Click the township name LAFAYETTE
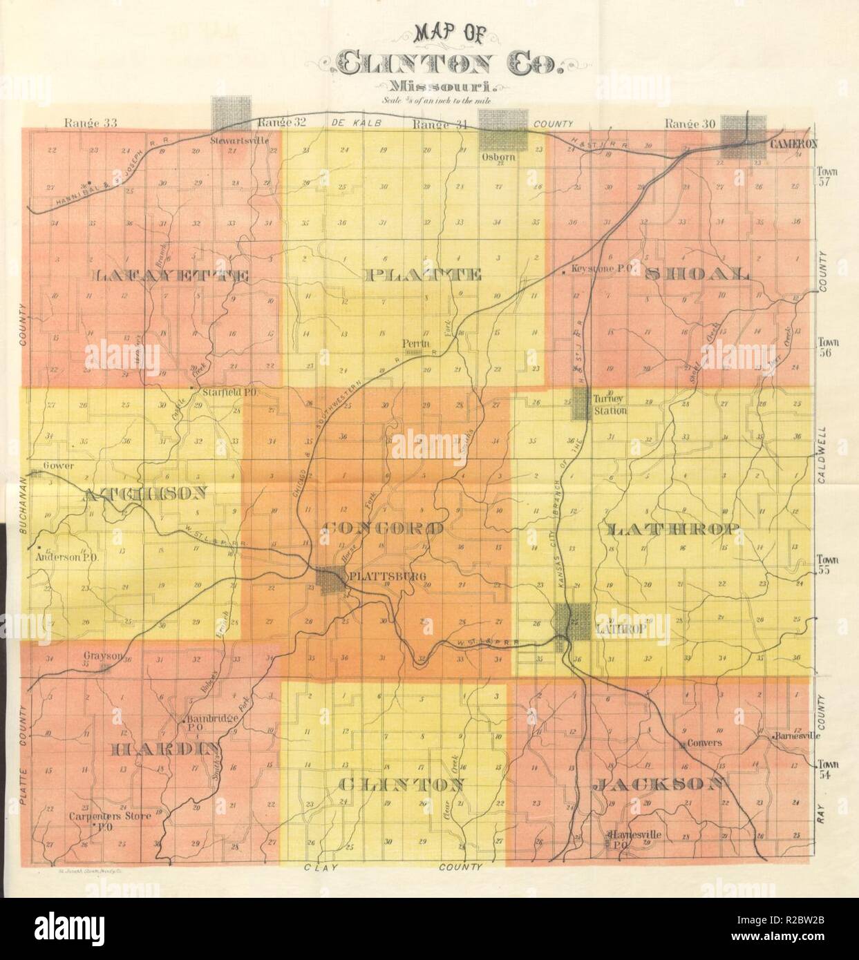tap(170, 276)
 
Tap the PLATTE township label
tap(422, 276)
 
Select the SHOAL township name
tap(696, 273)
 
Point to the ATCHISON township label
tap(144, 494)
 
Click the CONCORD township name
tap(383, 529)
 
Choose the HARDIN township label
tap(165, 749)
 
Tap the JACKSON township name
tap(660, 784)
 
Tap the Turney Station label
tap(610, 405)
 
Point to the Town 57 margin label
tap(827, 177)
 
